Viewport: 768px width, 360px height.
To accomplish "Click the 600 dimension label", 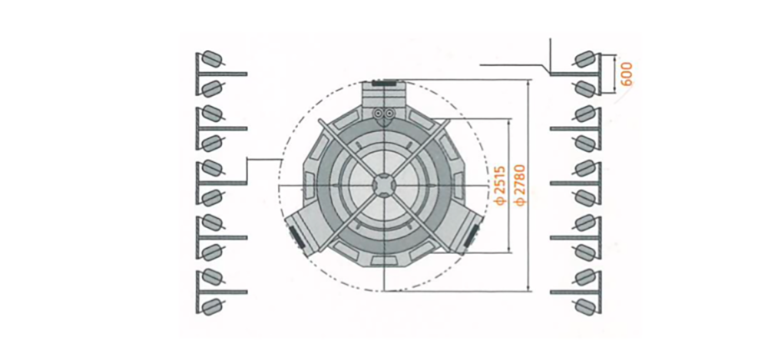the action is [x=627, y=74].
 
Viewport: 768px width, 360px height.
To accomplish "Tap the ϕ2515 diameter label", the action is [x=501, y=185].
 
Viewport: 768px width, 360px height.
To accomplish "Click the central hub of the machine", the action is [x=383, y=185].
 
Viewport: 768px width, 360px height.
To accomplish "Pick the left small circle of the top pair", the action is [x=378, y=114].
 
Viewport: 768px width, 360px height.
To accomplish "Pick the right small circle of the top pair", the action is [x=389, y=114].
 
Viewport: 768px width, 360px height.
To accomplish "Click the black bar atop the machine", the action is [x=384, y=83].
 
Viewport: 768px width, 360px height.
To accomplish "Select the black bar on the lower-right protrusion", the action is [x=472, y=235].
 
